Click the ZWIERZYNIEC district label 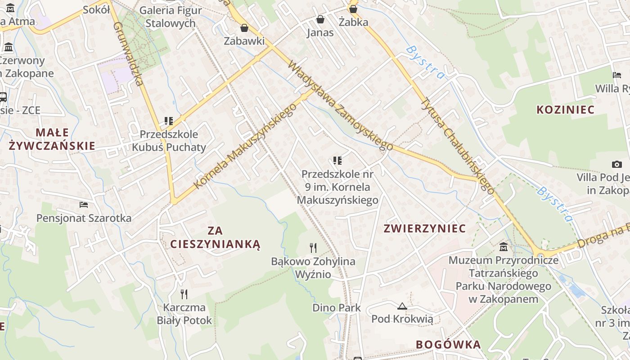pyautogui.click(x=424, y=229)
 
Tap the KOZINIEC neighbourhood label pyautogui.click(x=565, y=110)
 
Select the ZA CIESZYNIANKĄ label pyautogui.click(x=215, y=238)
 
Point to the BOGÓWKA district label pyautogui.click(x=448, y=345)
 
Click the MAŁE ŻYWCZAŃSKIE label pyautogui.click(x=52, y=139)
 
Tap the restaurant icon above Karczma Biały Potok pyautogui.click(x=184, y=294)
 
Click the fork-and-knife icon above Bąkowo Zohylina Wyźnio pyautogui.click(x=313, y=247)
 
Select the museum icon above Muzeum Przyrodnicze pyautogui.click(x=504, y=247)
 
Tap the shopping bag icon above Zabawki pyautogui.click(x=244, y=28)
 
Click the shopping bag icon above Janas pyautogui.click(x=320, y=19)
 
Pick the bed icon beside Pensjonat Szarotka pyautogui.click(x=84, y=205)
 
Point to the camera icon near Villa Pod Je pyautogui.click(x=616, y=164)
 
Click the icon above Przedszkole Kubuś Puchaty pyautogui.click(x=169, y=121)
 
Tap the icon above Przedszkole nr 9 pyautogui.click(x=337, y=160)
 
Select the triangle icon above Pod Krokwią pyautogui.click(x=402, y=306)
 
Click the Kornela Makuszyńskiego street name pyautogui.click(x=245, y=147)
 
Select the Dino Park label pyautogui.click(x=337, y=308)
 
